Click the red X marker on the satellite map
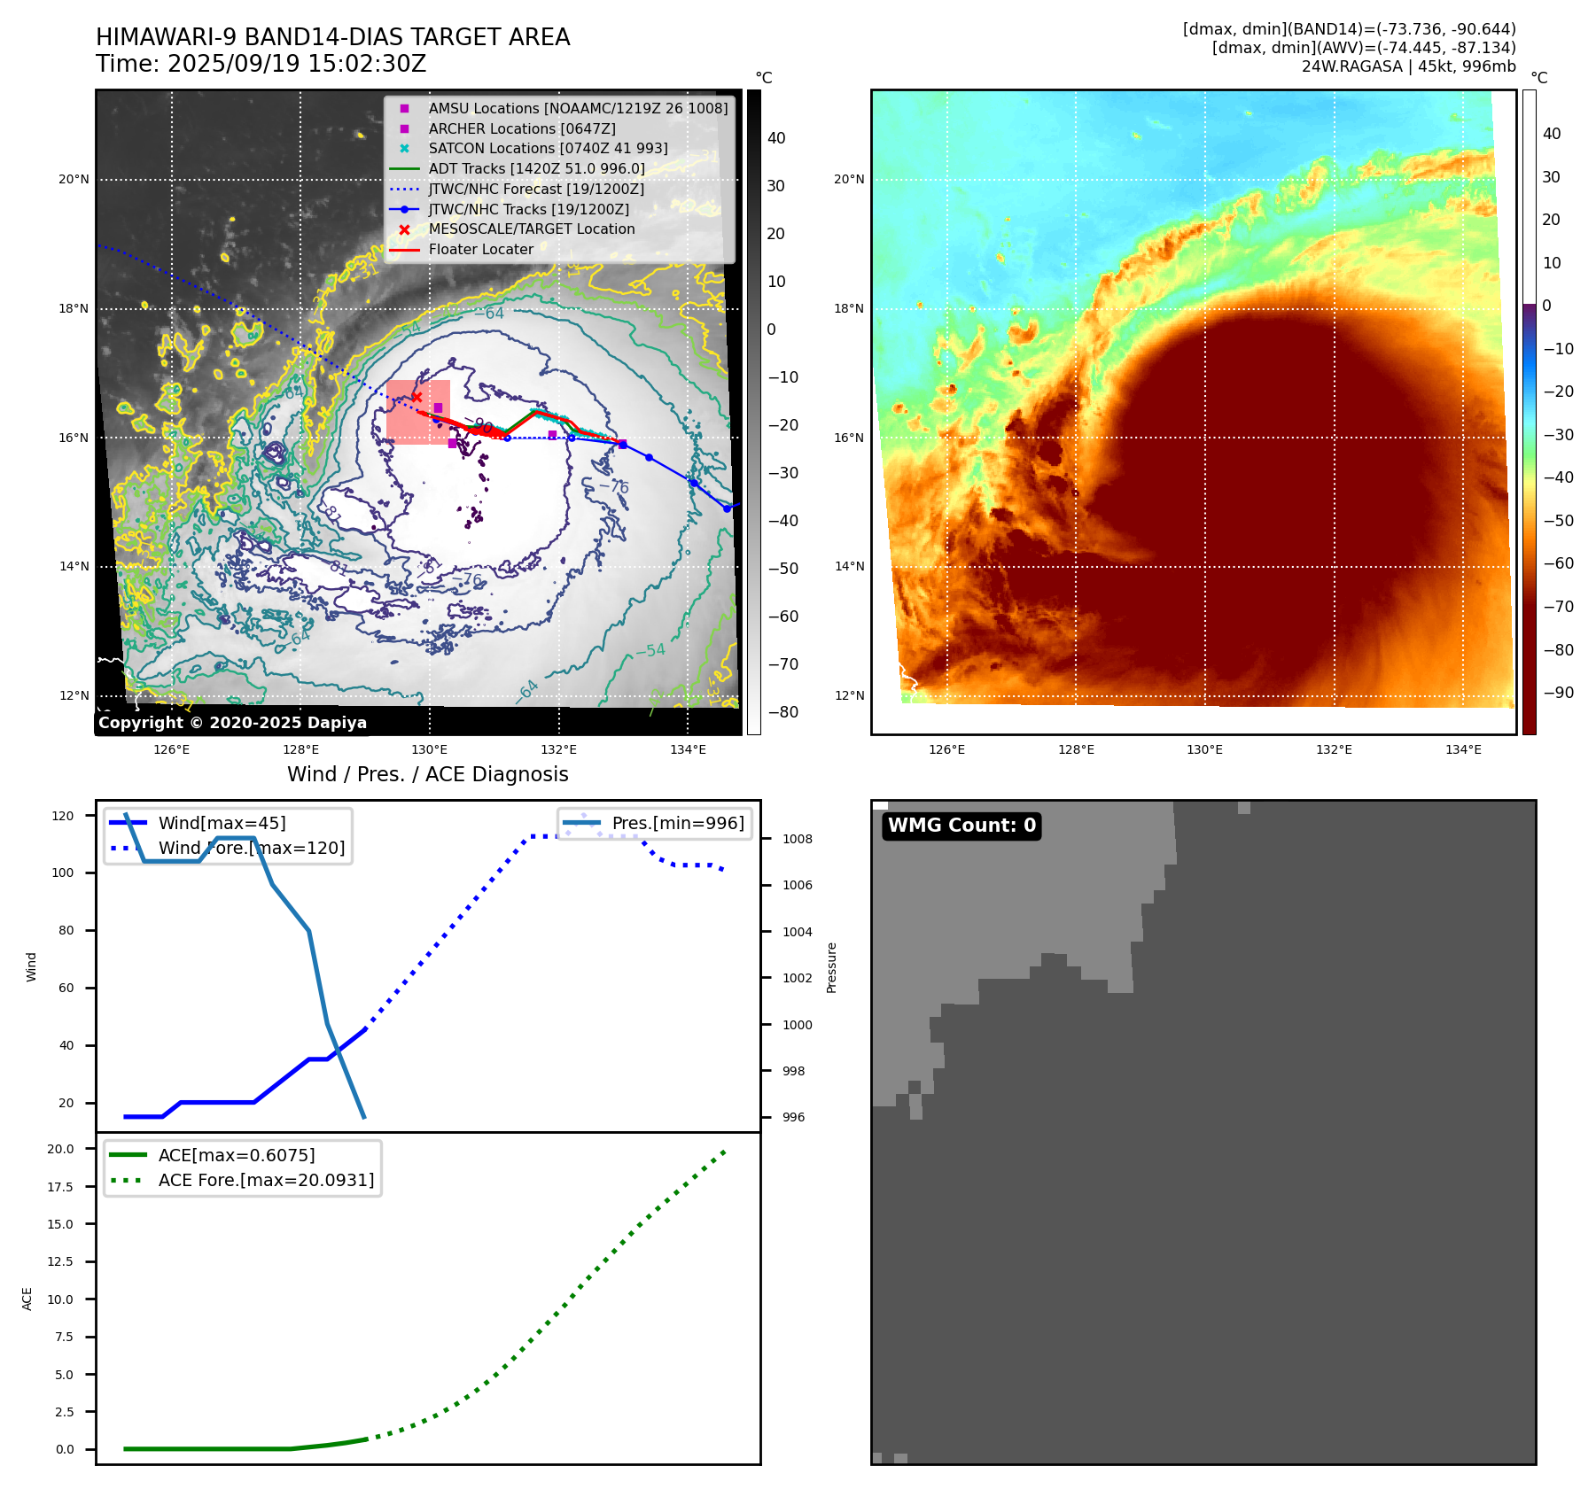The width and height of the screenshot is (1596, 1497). pyautogui.click(x=417, y=398)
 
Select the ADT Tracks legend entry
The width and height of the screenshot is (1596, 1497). pyautogui.click(x=536, y=168)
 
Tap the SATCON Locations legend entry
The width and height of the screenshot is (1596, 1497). pyautogui.click(x=548, y=149)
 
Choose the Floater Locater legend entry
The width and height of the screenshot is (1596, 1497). pyautogui.click(x=480, y=250)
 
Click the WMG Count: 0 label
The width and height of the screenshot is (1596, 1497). pyautogui.click(x=961, y=826)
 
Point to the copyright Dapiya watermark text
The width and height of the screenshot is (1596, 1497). pyautogui.click(x=232, y=723)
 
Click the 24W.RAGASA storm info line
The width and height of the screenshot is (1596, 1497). pyautogui.click(x=1408, y=66)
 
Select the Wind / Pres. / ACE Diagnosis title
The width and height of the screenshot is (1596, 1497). pyautogui.click(x=427, y=774)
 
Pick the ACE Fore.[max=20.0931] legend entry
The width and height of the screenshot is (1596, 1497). pyautogui.click(x=266, y=1181)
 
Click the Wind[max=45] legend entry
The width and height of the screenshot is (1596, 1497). pyautogui.click(x=222, y=824)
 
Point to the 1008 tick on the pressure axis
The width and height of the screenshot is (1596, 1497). pyautogui.click(x=797, y=839)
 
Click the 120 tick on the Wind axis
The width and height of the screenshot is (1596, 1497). pyautogui.click(x=63, y=816)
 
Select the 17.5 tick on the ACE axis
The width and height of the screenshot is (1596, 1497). pyautogui.click(x=60, y=1187)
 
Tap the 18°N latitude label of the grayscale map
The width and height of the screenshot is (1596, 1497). pyautogui.click(x=74, y=309)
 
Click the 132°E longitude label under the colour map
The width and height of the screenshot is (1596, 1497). pyautogui.click(x=1334, y=750)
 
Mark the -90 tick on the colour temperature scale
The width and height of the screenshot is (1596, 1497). pyautogui.click(x=1558, y=693)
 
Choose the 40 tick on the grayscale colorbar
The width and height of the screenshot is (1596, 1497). pyautogui.click(x=776, y=138)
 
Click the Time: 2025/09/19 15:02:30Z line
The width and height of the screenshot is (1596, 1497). pyautogui.click(x=261, y=64)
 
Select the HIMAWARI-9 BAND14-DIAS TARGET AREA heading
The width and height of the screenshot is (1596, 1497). pyautogui.click(x=332, y=37)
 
